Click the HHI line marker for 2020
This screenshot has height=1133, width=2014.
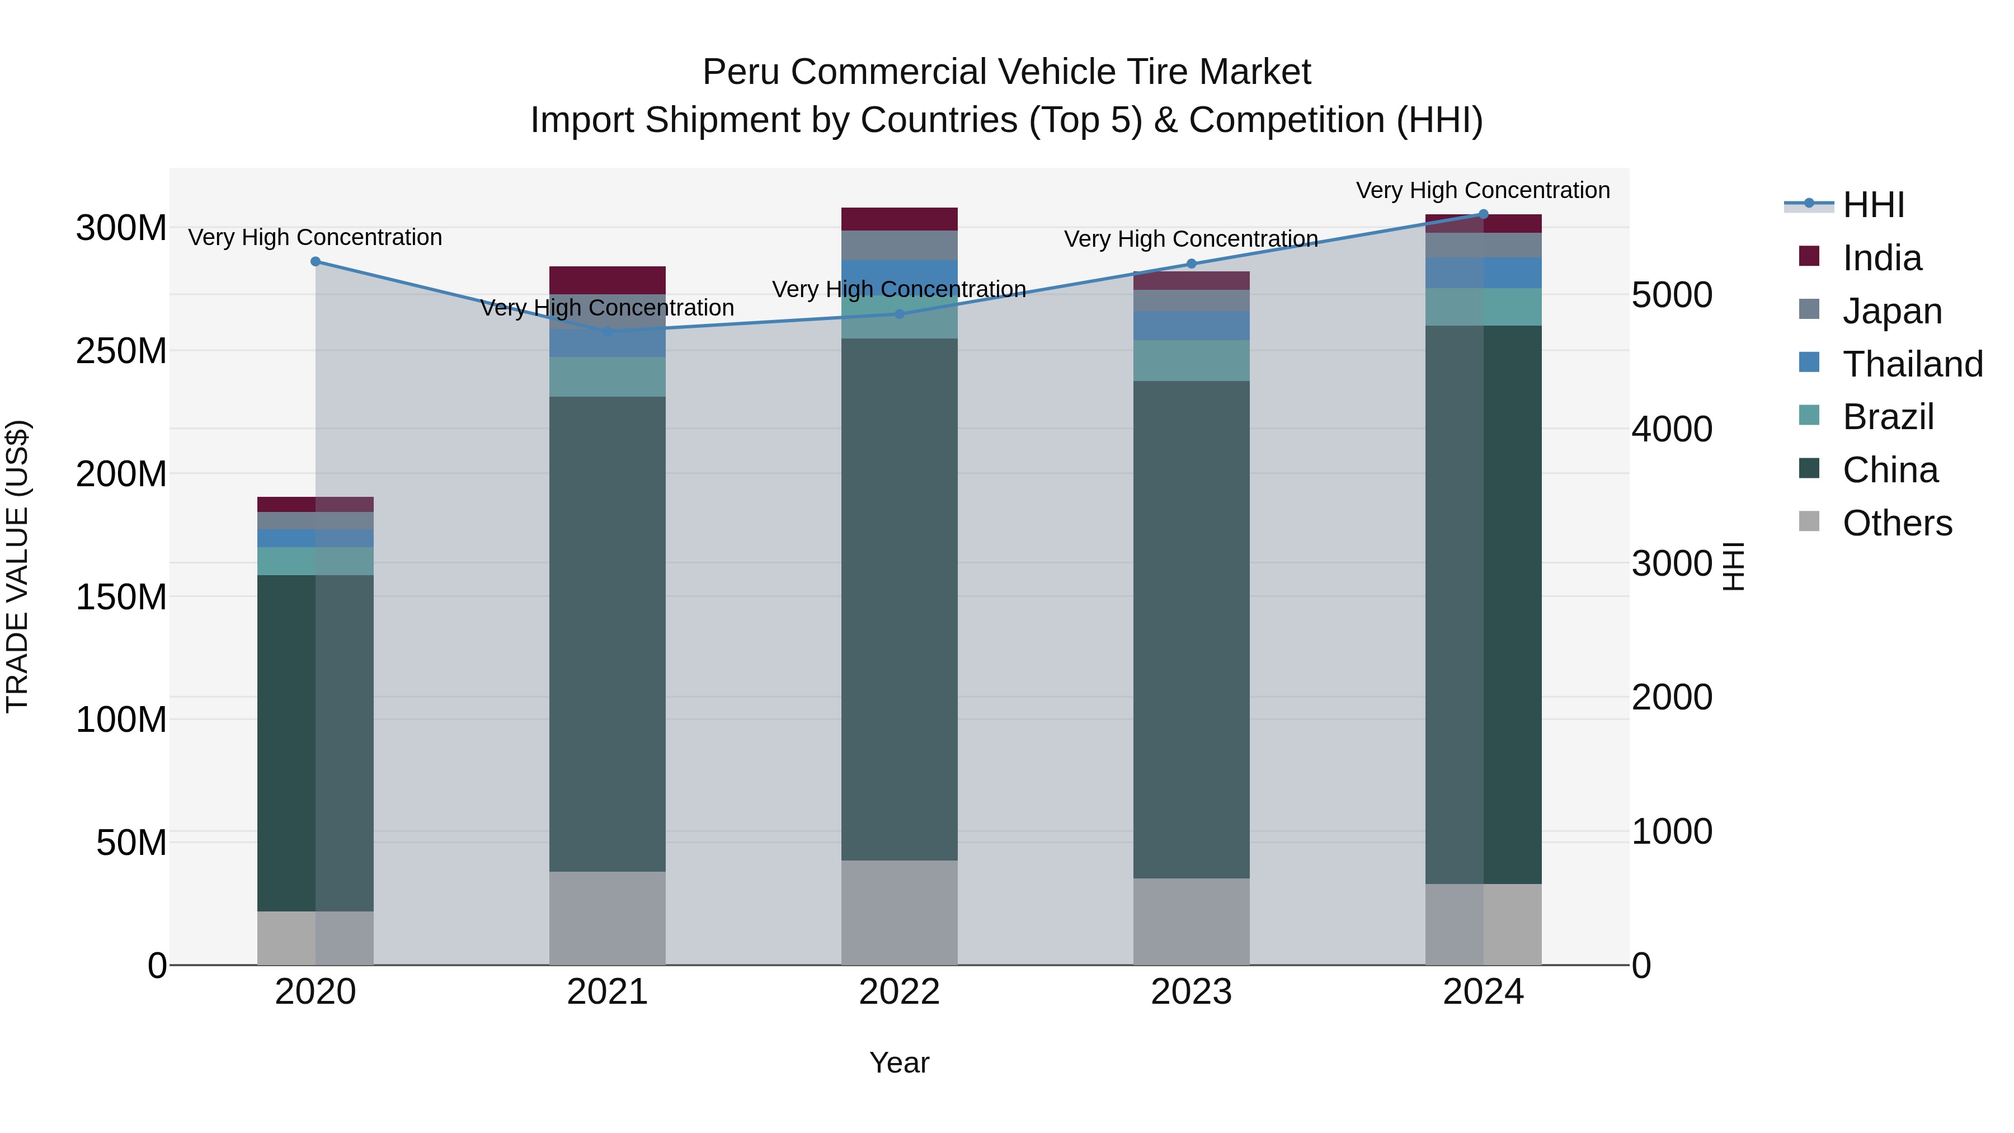click(x=315, y=262)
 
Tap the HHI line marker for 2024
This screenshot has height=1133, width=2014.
click(x=1483, y=214)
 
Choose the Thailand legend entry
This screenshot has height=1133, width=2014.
click(x=1912, y=364)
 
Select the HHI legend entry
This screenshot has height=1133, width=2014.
click(x=1872, y=205)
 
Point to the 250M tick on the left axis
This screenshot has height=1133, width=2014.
click(x=121, y=351)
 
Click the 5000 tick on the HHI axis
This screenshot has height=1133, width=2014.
click(x=1672, y=295)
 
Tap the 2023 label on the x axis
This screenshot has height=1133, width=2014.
click(x=1190, y=992)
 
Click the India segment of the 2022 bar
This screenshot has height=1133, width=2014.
click(x=899, y=219)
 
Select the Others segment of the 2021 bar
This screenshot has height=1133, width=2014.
click(x=608, y=918)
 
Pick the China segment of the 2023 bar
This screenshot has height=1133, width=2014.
click(x=1190, y=629)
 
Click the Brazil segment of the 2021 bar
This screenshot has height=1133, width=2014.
click(x=608, y=377)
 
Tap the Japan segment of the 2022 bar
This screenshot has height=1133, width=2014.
click(x=899, y=245)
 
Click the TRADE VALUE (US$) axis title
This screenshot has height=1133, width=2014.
click(x=17, y=566)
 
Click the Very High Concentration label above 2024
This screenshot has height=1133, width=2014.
click(x=1483, y=191)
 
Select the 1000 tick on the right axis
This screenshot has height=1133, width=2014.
click(x=1672, y=831)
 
